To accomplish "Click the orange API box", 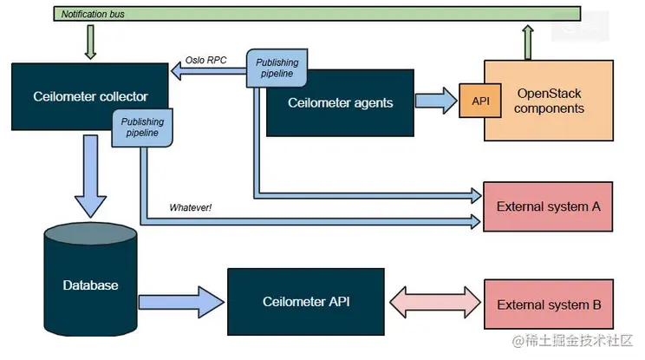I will (x=480, y=100).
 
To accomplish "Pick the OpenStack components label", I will (x=551, y=100).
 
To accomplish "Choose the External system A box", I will (x=548, y=206).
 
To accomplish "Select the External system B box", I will (x=548, y=304).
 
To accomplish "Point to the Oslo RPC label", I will (x=206, y=62).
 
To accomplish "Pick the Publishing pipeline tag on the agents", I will (x=276, y=68).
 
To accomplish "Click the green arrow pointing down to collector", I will (x=89, y=41).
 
